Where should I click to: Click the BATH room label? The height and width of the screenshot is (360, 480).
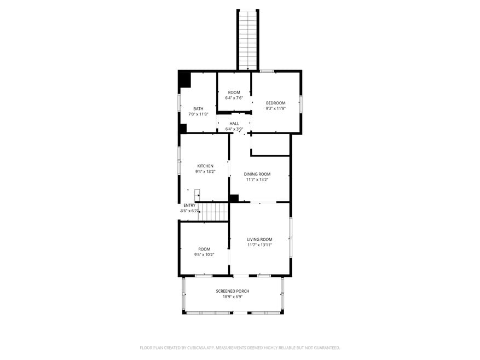click(198, 108)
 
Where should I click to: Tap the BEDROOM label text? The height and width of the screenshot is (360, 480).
click(275, 103)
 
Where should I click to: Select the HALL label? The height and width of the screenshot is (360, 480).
click(234, 124)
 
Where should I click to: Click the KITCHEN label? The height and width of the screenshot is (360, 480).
click(205, 166)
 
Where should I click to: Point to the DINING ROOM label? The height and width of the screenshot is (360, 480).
click(257, 174)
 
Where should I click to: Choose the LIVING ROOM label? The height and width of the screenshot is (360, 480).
click(259, 239)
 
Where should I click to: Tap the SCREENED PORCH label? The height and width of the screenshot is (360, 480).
click(233, 291)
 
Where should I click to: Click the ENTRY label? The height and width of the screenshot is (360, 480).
click(189, 205)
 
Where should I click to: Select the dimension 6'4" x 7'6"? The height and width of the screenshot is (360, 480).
click(234, 98)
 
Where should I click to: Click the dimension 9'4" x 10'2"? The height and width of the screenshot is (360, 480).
click(204, 254)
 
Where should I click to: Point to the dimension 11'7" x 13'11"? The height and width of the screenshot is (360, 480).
click(259, 245)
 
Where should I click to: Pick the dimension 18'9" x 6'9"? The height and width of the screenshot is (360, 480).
click(233, 297)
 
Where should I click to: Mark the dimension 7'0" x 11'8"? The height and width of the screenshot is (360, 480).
click(198, 114)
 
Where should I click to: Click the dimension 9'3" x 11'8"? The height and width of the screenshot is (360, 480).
click(275, 108)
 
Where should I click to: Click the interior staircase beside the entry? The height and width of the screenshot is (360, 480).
click(213, 212)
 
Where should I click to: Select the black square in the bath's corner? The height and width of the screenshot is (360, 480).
click(184, 79)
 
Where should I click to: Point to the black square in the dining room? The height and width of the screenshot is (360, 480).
click(234, 199)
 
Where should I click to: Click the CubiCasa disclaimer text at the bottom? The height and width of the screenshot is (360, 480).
click(240, 347)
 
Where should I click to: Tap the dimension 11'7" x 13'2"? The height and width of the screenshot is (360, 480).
click(257, 179)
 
